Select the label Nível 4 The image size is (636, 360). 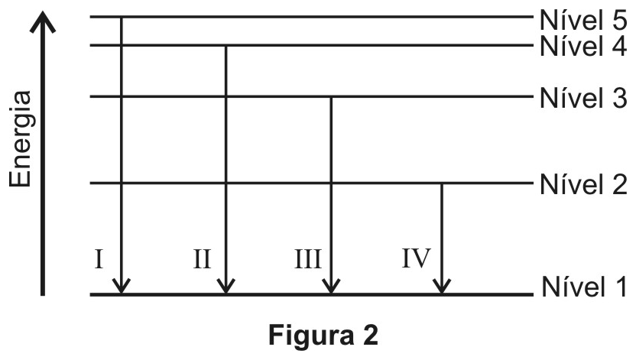[583, 46]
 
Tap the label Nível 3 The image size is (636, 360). [583, 98]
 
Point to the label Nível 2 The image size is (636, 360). [583, 184]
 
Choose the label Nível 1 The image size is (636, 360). [584, 287]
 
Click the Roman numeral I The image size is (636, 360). [99, 259]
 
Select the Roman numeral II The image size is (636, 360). [202, 259]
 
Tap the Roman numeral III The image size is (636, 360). [308, 259]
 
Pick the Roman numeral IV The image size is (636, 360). [416, 258]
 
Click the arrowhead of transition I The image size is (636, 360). [121, 287]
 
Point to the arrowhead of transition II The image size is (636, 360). [226, 287]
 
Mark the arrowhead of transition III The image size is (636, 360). [332, 287]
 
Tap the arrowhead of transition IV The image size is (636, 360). [442, 287]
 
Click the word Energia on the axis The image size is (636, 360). [21, 139]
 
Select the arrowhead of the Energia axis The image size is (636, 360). [43, 21]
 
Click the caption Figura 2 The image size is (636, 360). [323, 335]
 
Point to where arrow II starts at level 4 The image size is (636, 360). [226, 45]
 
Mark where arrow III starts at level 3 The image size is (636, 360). [332, 97]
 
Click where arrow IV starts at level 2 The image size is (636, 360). [442, 183]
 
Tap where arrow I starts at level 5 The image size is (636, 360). [121, 17]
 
